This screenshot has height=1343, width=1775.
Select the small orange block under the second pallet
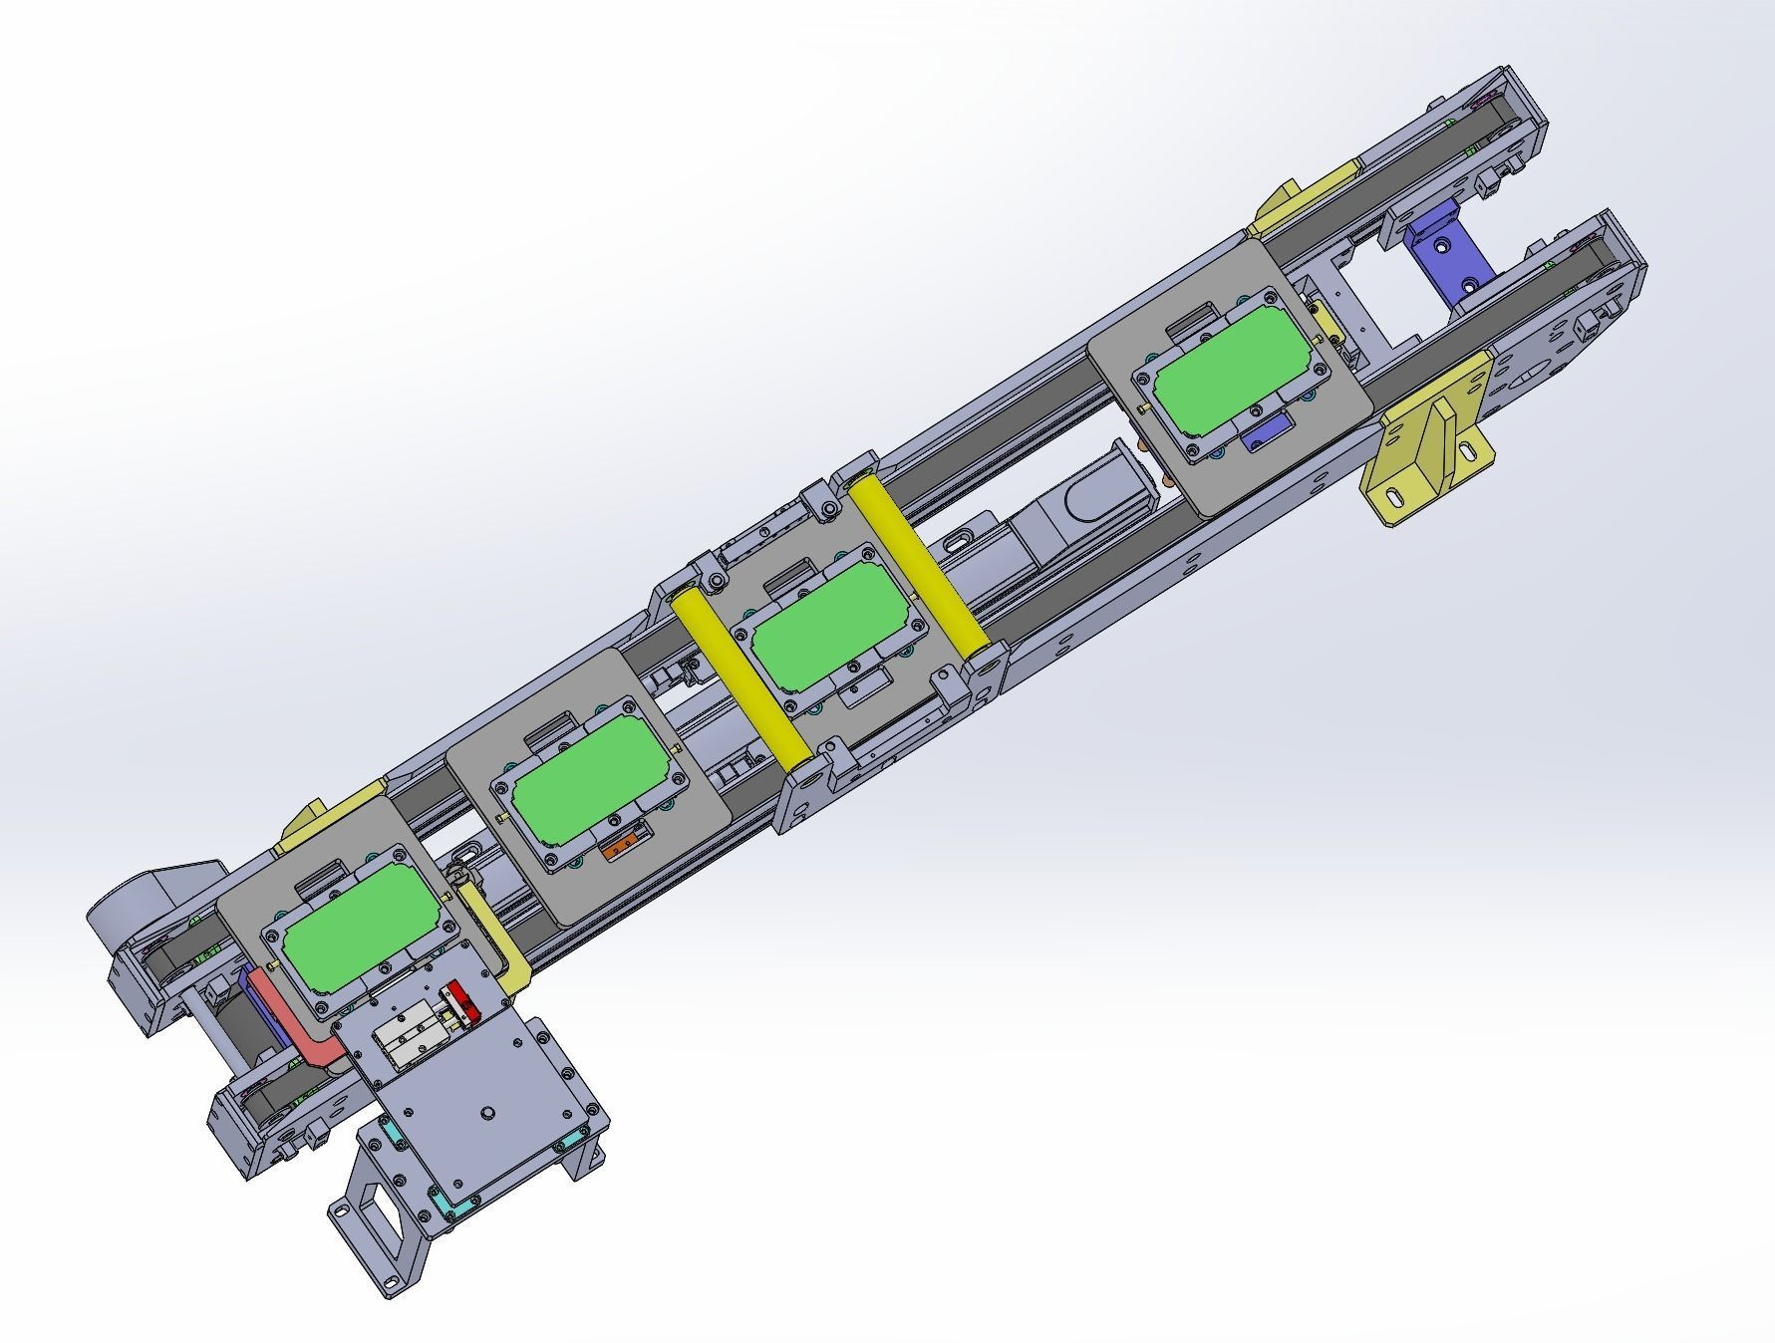click(621, 847)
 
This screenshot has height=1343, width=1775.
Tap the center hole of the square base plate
click(487, 1111)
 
